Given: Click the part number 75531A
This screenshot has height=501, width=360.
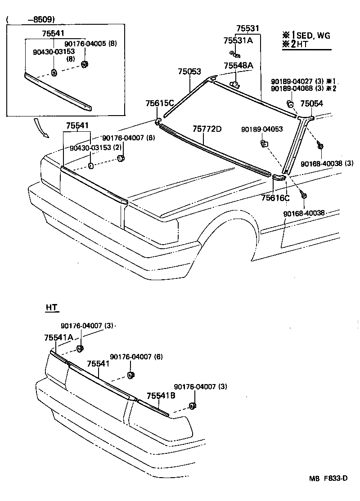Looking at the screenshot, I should (x=238, y=40).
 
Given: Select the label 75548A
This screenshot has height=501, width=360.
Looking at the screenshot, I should (x=238, y=66).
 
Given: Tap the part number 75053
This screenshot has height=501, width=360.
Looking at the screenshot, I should (x=189, y=72).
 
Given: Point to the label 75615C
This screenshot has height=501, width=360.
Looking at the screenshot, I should (x=159, y=103).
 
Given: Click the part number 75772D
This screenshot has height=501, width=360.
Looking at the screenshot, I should (x=207, y=129).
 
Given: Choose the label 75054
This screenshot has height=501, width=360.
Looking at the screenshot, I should (x=312, y=103).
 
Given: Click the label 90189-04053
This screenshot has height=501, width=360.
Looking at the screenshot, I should (x=261, y=129).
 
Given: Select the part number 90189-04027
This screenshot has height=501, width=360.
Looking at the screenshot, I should (x=291, y=81).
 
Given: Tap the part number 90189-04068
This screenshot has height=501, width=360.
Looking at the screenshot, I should (x=291, y=88).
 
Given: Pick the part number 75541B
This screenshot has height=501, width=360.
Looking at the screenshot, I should (x=161, y=396).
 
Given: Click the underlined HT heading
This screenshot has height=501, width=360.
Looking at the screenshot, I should (x=52, y=308).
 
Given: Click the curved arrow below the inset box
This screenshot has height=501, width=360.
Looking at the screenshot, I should (x=40, y=128).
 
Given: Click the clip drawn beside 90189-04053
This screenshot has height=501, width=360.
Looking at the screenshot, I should (x=264, y=144).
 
